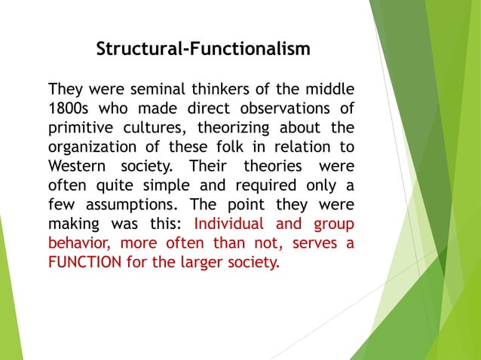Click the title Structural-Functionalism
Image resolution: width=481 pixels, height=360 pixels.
(204, 50)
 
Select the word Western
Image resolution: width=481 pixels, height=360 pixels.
(76, 164)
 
